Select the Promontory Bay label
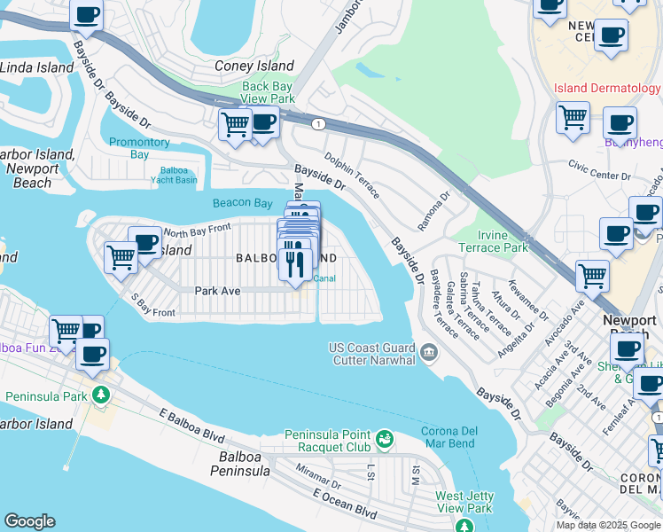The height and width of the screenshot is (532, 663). coord(139,148)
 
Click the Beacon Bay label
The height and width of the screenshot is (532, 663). coord(243,203)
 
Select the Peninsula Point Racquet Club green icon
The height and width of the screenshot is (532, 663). coord(385,438)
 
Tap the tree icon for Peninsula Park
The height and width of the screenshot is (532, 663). coord(101,395)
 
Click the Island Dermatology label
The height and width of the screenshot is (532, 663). coord(607,88)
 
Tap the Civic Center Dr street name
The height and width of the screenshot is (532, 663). coord(599,168)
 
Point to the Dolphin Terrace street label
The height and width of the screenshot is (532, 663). coord(352,175)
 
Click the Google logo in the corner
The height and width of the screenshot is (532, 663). coord(29,521)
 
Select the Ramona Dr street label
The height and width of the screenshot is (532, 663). coord(435,210)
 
